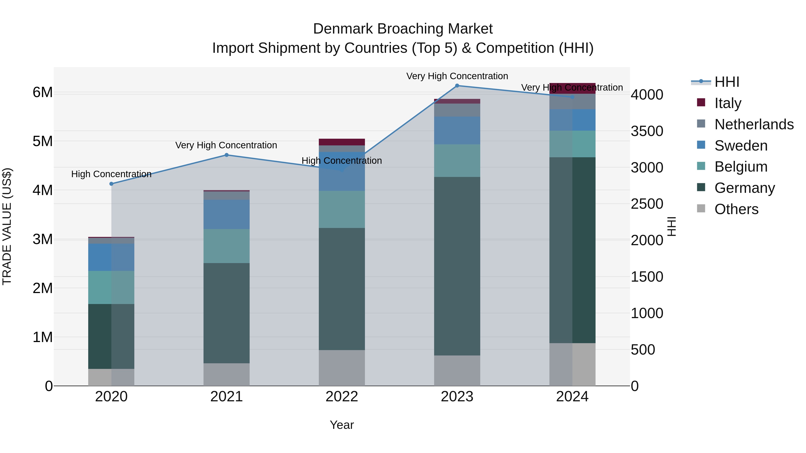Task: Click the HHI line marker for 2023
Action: pos(457,86)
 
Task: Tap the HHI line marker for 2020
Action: pos(111,184)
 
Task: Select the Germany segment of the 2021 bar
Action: pos(227,313)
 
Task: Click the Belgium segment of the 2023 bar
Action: pos(457,161)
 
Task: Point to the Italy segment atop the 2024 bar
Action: pos(572,88)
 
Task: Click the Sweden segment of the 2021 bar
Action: pos(227,215)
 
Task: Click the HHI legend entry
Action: pos(727,82)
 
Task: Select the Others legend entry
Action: pos(736,209)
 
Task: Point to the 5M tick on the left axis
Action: pos(43,141)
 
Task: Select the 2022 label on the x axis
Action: pos(342,397)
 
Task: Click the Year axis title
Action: pos(342,425)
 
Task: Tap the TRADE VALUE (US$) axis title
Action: pos(7,226)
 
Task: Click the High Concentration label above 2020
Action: pos(111,174)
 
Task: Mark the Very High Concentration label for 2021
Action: pos(226,145)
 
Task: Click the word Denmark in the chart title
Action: pos(343,29)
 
